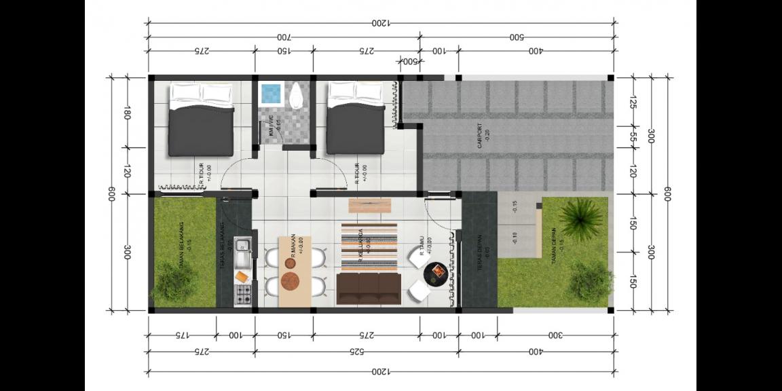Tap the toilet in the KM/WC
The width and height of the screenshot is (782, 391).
pyautogui.click(x=296, y=98)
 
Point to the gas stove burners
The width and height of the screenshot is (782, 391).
pyautogui.click(x=243, y=295)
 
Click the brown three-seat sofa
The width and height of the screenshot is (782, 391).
pyautogui.click(x=369, y=288)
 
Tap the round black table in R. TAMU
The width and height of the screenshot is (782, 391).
pyautogui.click(x=434, y=273)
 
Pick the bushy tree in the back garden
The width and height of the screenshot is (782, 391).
pyautogui.click(x=175, y=281)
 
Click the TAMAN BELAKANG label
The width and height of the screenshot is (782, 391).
pyautogui.click(x=181, y=251)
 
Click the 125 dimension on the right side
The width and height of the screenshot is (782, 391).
pyautogui.click(x=633, y=102)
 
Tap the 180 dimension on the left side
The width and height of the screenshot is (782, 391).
pyautogui.click(x=127, y=112)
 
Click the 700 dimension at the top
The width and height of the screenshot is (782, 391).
pyautogui.click(x=284, y=36)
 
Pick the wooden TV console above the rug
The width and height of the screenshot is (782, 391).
pyautogui.click(x=370, y=205)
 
